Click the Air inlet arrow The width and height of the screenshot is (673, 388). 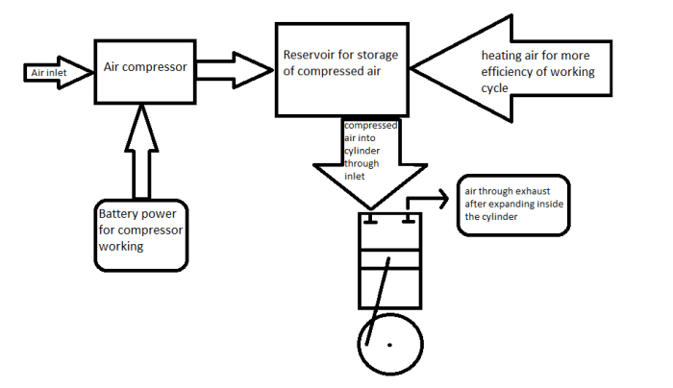pyautogui.click(x=59, y=73)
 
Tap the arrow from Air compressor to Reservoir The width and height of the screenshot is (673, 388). pyautogui.click(x=235, y=70)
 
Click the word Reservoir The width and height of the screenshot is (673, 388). pyautogui.click(x=305, y=56)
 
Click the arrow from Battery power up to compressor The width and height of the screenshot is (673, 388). pyautogui.click(x=141, y=152)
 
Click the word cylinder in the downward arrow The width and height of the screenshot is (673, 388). pyautogui.click(x=361, y=152)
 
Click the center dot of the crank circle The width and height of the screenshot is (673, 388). pyautogui.click(x=389, y=345)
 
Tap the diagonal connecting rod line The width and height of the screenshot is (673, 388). pyautogui.click(x=378, y=301)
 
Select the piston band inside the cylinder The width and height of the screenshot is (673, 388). pyautogui.click(x=389, y=259)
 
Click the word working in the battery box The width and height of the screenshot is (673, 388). pyautogui.click(x=121, y=247)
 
